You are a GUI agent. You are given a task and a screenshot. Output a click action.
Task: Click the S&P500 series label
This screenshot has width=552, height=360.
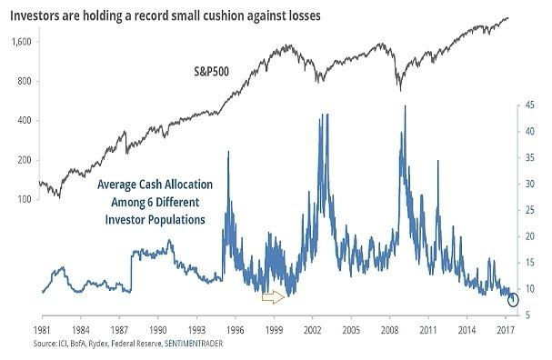pos(211,72)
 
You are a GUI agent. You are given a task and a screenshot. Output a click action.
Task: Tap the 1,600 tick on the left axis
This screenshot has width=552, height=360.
pos(22,42)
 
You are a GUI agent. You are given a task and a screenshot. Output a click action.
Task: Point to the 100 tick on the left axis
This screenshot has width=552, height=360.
pos(25,199)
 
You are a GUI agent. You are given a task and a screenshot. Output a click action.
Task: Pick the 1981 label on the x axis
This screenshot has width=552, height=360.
pos(42,330)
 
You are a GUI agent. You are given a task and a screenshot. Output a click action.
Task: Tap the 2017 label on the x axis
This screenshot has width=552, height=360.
pos(506,330)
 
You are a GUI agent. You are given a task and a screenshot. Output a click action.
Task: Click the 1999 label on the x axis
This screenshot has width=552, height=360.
pos(274,330)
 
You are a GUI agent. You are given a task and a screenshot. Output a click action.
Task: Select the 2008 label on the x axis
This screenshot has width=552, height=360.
pos(390,330)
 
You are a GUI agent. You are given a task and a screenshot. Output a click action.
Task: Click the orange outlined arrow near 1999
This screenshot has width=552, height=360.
pos(273,297)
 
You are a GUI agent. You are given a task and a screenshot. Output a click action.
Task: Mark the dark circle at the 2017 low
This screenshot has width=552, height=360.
pos(513,299)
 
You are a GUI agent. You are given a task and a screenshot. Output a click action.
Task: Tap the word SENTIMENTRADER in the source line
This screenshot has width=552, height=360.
pos(194,343)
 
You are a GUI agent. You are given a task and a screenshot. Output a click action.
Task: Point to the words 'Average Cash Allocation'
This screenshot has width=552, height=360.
pos(155,185)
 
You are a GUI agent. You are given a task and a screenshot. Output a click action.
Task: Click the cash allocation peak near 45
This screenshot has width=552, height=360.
pos(406,105)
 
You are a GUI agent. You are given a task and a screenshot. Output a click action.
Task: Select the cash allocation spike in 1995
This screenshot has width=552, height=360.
pos(229,152)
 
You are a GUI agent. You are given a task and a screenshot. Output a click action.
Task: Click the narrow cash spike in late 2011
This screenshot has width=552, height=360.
pos(438,161)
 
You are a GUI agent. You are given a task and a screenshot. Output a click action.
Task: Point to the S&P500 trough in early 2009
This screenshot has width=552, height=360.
pos(400,91)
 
